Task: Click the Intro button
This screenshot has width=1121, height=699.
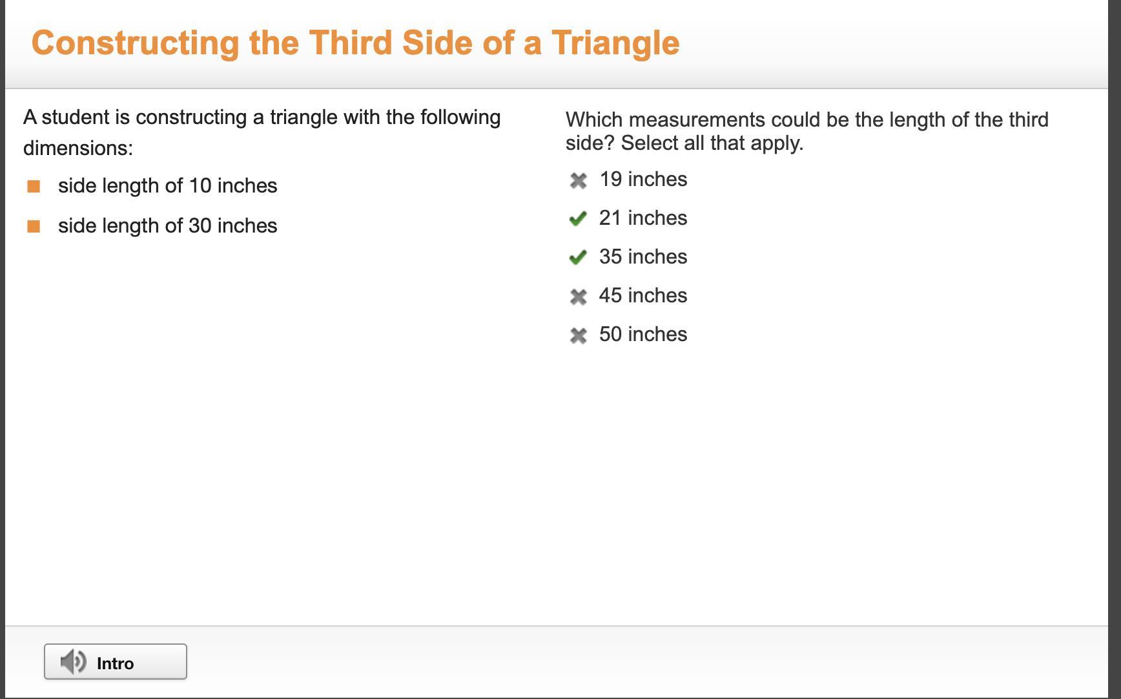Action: tap(116, 662)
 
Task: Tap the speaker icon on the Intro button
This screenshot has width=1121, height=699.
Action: tap(73, 662)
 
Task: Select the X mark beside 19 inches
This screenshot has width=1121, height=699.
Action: tap(578, 180)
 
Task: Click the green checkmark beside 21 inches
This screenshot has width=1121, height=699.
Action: tap(578, 219)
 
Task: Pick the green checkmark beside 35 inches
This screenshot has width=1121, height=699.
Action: tap(578, 258)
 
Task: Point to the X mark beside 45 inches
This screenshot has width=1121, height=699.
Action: tap(578, 297)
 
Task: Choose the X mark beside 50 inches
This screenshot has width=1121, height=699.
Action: tap(578, 335)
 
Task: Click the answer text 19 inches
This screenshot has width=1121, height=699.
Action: tap(643, 179)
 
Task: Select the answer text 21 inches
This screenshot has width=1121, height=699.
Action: tap(643, 218)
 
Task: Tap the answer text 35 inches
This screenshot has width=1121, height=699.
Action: tap(643, 256)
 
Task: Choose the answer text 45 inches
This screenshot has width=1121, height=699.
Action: tap(643, 295)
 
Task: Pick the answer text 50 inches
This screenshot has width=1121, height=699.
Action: tap(643, 334)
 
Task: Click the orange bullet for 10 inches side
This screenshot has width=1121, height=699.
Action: tap(34, 187)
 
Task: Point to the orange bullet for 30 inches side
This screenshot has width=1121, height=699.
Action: tap(34, 226)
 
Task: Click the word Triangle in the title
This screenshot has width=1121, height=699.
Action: tap(615, 43)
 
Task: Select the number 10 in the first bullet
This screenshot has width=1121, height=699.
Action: tap(200, 185)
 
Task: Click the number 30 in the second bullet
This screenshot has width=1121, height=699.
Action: tap(200, 225)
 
